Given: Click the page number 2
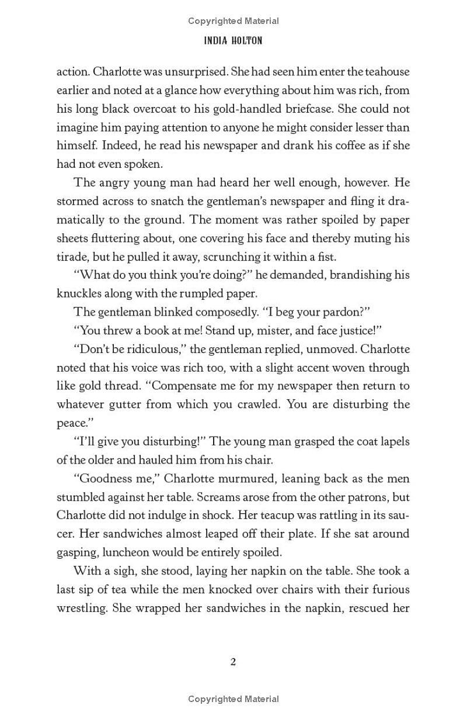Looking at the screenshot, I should [233, 662].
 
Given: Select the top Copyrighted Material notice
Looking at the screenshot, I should [233, 21].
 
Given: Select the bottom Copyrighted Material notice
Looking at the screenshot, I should [233, 699].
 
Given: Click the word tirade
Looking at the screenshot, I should [71, 257].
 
